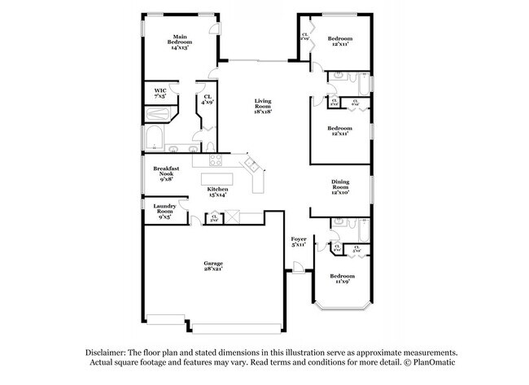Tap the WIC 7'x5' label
[160, 94]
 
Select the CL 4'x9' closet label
[208, 99]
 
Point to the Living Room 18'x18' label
[263, 106]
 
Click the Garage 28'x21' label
[213, 266]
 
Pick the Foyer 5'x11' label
[299, 241]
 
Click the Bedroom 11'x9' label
[342, 279]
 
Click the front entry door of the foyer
[299, 267]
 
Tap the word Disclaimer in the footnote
[110, 350]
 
